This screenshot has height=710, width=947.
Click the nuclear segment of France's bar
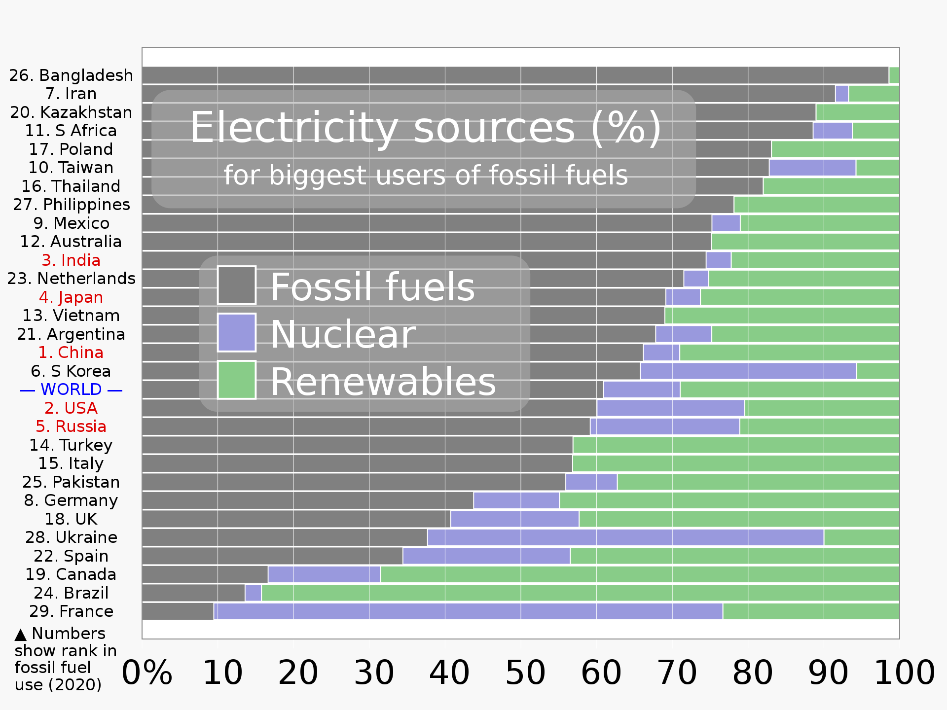(x=469, y=611)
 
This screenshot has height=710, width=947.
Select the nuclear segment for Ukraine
(x=625, y=537)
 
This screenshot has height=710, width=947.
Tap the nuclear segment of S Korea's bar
(x=748, y=371)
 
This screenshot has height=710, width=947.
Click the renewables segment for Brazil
(x=580, y=593)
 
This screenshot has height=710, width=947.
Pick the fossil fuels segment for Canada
(x=205, y=574)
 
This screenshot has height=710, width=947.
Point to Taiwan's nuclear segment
(x=812, y=168)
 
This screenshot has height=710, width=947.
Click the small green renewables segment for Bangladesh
(x=894, y=75)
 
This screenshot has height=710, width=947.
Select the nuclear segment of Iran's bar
(x=841, y=94)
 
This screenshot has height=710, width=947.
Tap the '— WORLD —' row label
(x=71, y=390)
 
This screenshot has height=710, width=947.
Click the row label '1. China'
(x=71, y=353)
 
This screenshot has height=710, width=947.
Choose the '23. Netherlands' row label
(x=71, y=279)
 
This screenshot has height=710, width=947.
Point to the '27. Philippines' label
(x=71, y=205)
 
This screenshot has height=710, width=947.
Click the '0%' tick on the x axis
(x=146, y=673)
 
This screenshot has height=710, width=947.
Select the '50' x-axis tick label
(x=525, y=673)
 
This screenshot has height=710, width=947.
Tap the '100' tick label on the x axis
(x=904, y=673)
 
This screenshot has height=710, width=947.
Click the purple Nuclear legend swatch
(x=237, y=333)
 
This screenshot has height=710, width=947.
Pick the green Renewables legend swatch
(x=237, y=380)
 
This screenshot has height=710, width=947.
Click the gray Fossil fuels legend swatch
(x=237, y=285)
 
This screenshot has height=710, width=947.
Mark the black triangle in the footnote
(x=21, y=634)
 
